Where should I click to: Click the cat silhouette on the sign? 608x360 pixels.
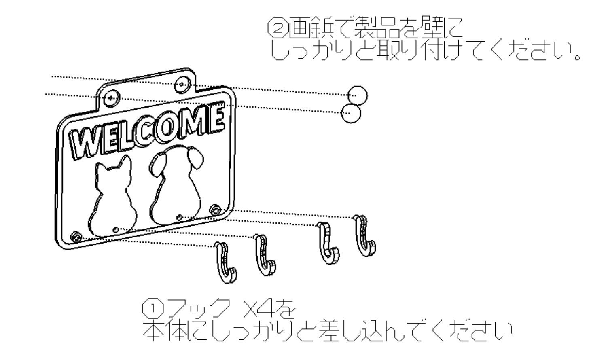click(111, 198)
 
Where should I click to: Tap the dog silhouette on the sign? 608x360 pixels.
click(176, 190)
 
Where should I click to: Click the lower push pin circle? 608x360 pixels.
click(350, 113)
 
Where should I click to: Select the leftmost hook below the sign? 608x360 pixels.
click(226, 263)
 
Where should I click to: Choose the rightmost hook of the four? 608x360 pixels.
click(365, 237)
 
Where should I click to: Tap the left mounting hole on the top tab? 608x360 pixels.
click(110, 97)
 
